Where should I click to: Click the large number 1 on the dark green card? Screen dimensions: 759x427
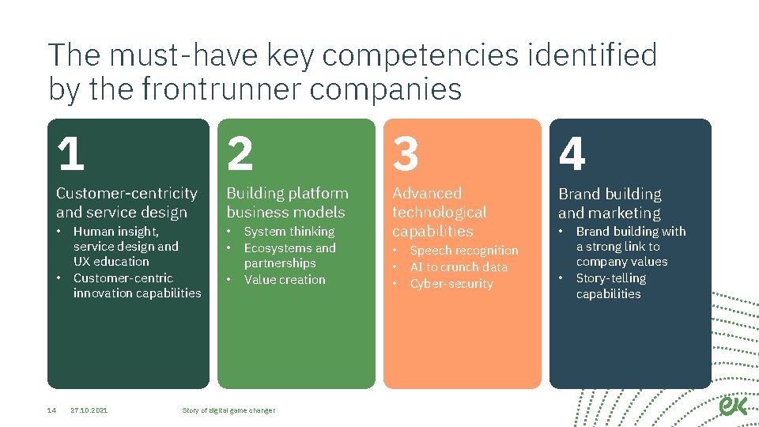click(71, 153)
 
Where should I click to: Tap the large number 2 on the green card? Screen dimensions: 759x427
click(240, 153)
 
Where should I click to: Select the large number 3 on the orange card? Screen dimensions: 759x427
click(406, 153)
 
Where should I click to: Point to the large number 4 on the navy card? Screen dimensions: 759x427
click(572, 153)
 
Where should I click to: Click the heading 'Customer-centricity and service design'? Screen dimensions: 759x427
click(126, 202)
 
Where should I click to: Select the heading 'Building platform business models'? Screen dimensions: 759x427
click(287, 202)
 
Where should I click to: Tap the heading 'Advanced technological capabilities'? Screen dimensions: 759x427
click(440, 212)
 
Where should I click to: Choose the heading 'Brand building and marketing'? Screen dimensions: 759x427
click(610, 203)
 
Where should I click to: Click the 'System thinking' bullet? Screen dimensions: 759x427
click(289, 232)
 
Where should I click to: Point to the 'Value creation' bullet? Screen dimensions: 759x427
click(285, 280)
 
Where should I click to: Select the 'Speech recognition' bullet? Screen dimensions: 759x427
click(464, 251)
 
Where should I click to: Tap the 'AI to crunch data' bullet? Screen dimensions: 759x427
click(459, 267)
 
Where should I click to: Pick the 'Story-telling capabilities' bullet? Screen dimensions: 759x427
click(610, 286)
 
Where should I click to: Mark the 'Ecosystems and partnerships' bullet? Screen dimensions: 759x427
click(289, 255)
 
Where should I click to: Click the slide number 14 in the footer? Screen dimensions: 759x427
click(51, 410)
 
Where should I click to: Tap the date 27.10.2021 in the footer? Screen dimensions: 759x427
click(89, 410)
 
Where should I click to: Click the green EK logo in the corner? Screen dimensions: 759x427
click(733, 405)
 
